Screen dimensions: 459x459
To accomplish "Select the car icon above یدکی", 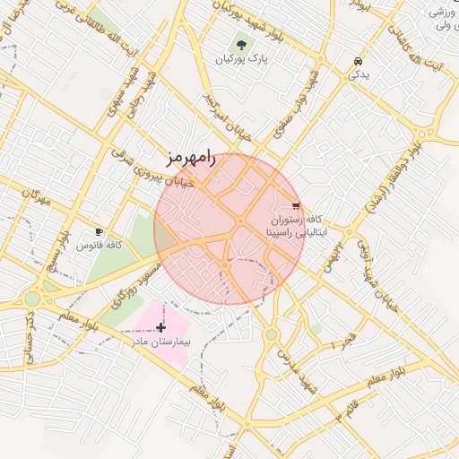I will point(358,61).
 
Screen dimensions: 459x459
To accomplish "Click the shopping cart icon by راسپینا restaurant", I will point(296,205).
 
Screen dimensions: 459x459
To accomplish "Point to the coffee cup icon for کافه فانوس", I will point(99,231).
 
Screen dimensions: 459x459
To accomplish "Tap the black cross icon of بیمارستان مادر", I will point(160,328).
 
